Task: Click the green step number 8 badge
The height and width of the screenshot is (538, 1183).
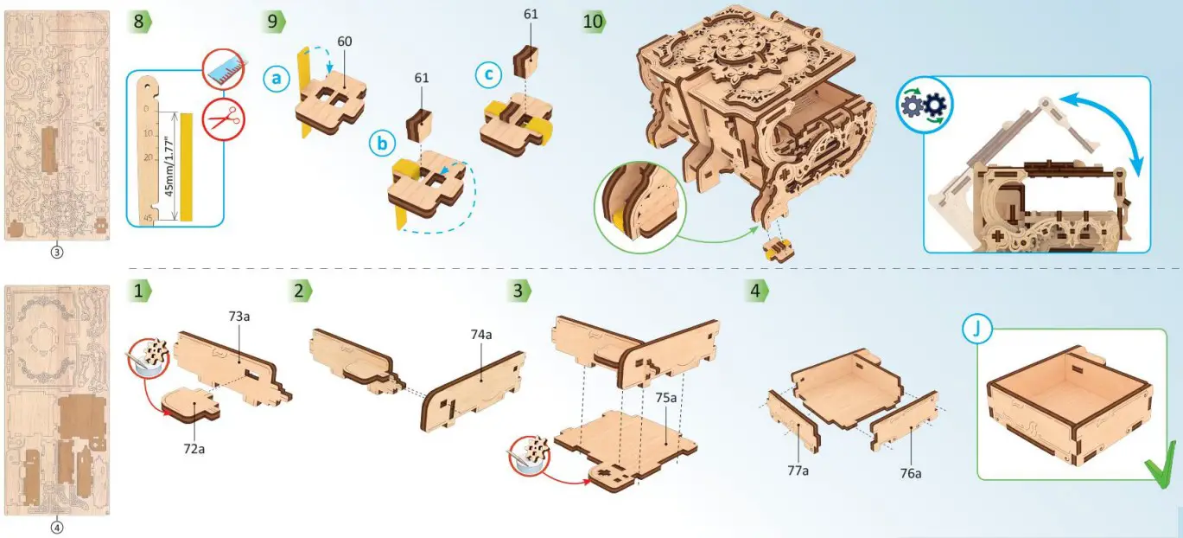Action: coord(139,22)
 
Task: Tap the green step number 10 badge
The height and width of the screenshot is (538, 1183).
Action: coord(595,22)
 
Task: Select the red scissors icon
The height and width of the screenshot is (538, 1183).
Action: coord(224,118)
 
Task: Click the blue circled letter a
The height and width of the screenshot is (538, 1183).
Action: coord(277,79)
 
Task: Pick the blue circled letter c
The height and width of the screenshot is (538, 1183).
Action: coord(488,74)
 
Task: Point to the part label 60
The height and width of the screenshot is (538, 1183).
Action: coord(344,42)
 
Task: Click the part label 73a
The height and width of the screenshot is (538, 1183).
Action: coord(239,317)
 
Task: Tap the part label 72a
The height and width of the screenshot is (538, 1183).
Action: coord(194,449)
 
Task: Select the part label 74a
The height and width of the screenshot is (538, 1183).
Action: coord(481,335)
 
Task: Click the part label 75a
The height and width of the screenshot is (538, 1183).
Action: coord(666,397)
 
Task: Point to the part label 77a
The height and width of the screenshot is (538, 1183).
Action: coord(798,471)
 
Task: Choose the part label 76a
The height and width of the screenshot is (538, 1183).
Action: coord(911,473)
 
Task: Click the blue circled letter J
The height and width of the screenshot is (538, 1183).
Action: coord(977,329)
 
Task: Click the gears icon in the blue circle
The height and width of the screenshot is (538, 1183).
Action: coord(925,105)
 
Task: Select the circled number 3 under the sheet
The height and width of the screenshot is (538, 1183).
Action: coord(56,253)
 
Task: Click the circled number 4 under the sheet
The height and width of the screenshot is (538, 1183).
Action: coord(56,528)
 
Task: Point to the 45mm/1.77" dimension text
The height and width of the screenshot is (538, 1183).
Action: coord(169,166)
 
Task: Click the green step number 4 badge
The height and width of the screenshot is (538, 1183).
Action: coord(756,291)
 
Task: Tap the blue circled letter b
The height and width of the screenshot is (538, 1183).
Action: coord(382,144)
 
